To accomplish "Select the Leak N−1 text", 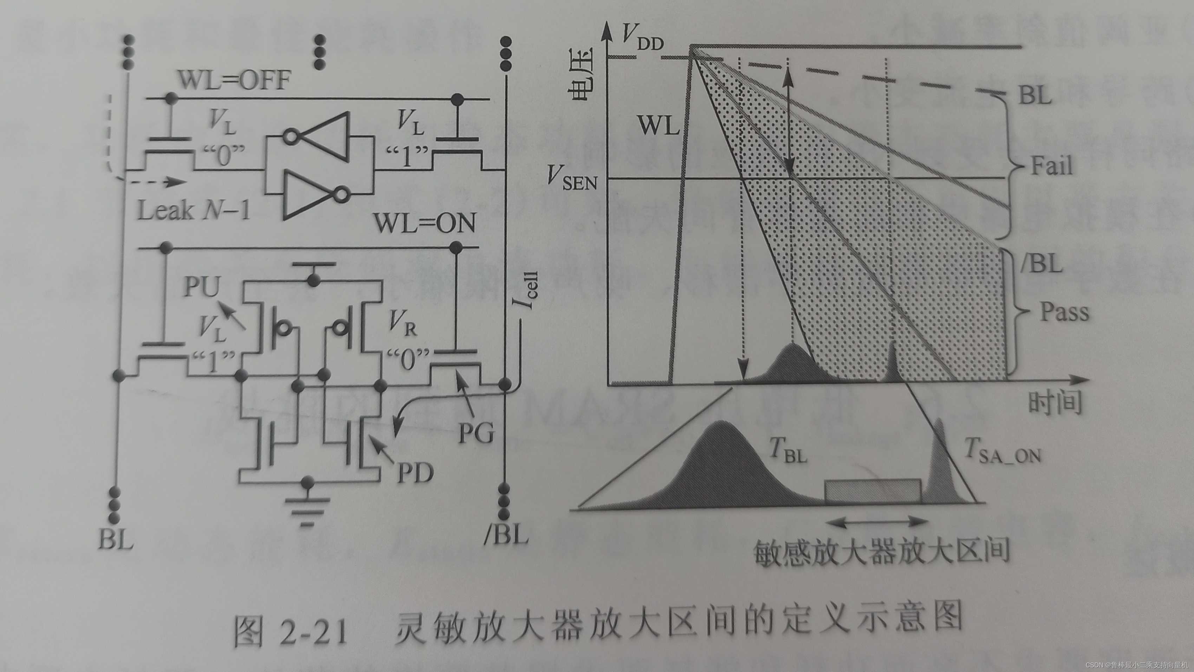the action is click(x=194, y=211).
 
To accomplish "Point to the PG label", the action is click(x=476, y=433).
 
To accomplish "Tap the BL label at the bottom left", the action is click(x=116, y=540).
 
